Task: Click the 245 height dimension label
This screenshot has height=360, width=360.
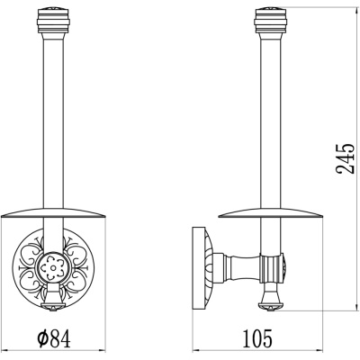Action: pos(344,158)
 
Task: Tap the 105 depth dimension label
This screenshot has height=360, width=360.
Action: pos(257,338)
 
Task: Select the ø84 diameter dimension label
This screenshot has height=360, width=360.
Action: pos(54,338)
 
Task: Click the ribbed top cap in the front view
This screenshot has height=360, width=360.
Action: pos(54,21)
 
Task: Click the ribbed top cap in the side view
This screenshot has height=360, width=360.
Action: pos(272,21)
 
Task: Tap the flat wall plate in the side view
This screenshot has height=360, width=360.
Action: pos(197,267)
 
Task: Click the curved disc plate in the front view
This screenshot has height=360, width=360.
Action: pos(54,212)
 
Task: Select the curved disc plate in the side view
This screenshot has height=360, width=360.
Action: pos(271,212)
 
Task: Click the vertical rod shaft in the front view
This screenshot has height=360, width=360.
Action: pos(54,120)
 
